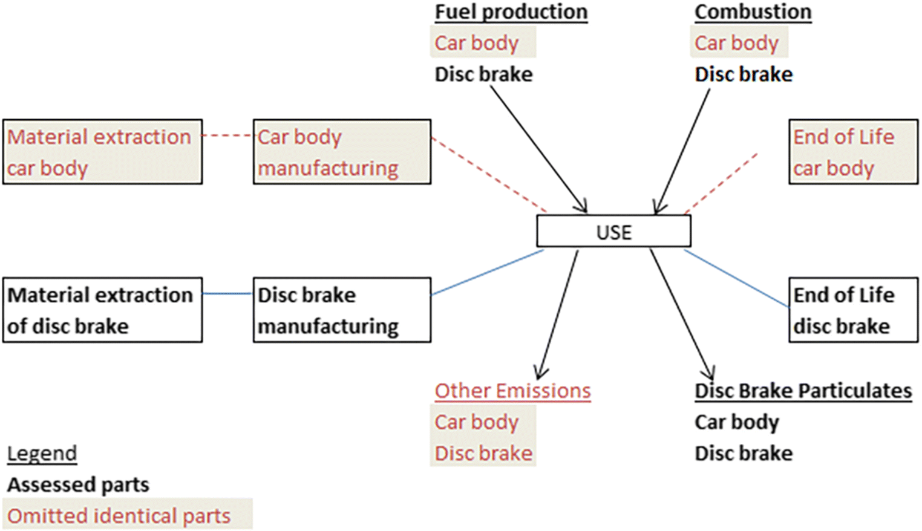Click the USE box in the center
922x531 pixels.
pyautogui.click(x=613, y=232)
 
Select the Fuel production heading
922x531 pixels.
pyautogui.click(x=511, y=12)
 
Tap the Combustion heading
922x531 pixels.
pyautogui.click(x=753, y=12)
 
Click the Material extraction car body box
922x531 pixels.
pyautogui.click(x=102, y=152)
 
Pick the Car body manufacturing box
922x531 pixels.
pyautogui.click(x=342, y=152)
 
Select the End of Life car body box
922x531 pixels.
pyautogui.click(x=853, y=152)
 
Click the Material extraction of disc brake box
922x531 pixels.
pyautogui.click(x=102, y=310)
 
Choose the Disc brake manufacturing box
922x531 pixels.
pyautogui.click(x=342, y=310)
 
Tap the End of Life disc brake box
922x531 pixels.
pyautogui.click(x=853, y=310)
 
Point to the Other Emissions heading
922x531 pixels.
pyautogui.click(x=512, y=391)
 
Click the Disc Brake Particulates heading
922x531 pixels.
pyautogui.click(x=803, y=391)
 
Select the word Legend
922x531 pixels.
pyautogui.click(x=42, y=454)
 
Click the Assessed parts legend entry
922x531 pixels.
pyautogui.click(x=78, y=484)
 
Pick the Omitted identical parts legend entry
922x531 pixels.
pyautogui.click(x=119, y=516)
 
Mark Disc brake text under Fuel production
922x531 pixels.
pyautogui.click(x=483, y=74)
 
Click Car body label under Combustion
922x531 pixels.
pyautogui.click(x=736, y=43)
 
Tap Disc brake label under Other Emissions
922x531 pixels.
pyautogui.click(x=483, y=453)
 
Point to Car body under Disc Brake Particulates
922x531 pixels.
pyautogui.click(x=736, y=422)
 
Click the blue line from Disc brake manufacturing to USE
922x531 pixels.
pyautogui.click(x=488, y=273)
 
